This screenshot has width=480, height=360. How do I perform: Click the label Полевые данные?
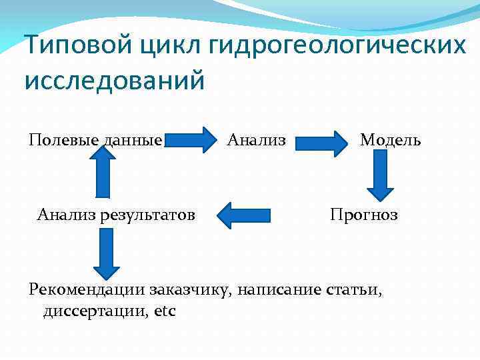click(x=95, y=140)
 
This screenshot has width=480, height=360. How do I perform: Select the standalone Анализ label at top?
click(x=257, y=140)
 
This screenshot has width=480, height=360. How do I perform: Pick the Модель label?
click(x=390, y=140)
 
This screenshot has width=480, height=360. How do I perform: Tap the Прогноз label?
click(x=364, y=215)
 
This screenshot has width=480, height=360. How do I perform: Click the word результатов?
click(x=147, y=215)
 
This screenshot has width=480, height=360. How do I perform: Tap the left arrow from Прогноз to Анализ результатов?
click(x=244, y=215)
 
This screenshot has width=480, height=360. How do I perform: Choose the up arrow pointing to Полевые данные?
click(x=102, y=172)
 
